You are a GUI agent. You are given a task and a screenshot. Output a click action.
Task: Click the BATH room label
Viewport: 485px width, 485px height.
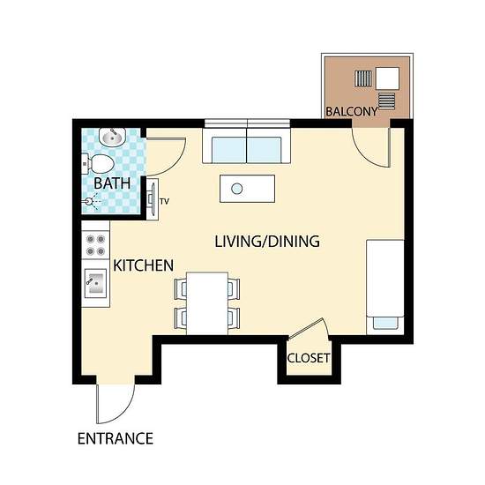pyautogui.click(x=112, y=183)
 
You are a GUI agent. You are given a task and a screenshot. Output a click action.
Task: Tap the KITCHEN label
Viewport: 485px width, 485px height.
pyautogui.click(x=143, y=265)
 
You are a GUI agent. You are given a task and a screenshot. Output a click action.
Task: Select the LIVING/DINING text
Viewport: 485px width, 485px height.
pyautogui.click(x=267, y=242)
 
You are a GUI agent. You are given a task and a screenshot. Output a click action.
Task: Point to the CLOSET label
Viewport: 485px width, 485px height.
pyautogui.click(x=309, y=358)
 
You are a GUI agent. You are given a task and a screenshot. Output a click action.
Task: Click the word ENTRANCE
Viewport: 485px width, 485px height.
pyautogui.click(x=116, y=438)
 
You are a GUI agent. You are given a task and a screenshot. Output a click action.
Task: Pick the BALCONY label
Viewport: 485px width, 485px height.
pyautogui.click(x=352, y=111)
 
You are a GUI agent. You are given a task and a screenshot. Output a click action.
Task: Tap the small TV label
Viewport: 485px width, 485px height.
pyautogui.click(x=165, y=202)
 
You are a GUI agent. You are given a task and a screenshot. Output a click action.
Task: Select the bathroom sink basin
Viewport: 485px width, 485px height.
pyautogui.click(x=112, y=137)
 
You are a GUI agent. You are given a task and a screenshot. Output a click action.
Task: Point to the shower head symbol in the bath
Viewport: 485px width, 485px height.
pyautogui.click(x=89, y=201)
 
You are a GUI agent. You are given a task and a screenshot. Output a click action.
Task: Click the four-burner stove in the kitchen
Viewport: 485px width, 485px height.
pyautogui.click(x=95, y=244)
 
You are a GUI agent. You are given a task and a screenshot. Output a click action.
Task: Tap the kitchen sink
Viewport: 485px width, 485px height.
pyautogui.click(x=95, y=283)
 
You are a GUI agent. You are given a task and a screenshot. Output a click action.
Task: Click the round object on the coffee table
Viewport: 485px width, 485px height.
pyautogui.click(x=237, y=189)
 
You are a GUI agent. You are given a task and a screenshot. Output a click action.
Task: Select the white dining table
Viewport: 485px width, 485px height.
pyautogui.click(x=207, y=303)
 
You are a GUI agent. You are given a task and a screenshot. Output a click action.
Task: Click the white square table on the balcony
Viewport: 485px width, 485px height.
pyautogui.click(x=387, y=78)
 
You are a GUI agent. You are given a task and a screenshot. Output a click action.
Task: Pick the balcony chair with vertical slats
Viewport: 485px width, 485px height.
pyautogui.click(x=363, y=78)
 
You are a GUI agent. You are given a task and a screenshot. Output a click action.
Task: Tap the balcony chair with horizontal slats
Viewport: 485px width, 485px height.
pyautogui.click(x=386, y=101)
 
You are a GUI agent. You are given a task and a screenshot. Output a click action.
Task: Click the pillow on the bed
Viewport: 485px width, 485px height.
pyautogui.click(x=385, y=323)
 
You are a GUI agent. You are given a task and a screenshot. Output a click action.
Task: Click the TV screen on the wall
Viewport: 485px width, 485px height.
pyautogui.click(x=153, y=199)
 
